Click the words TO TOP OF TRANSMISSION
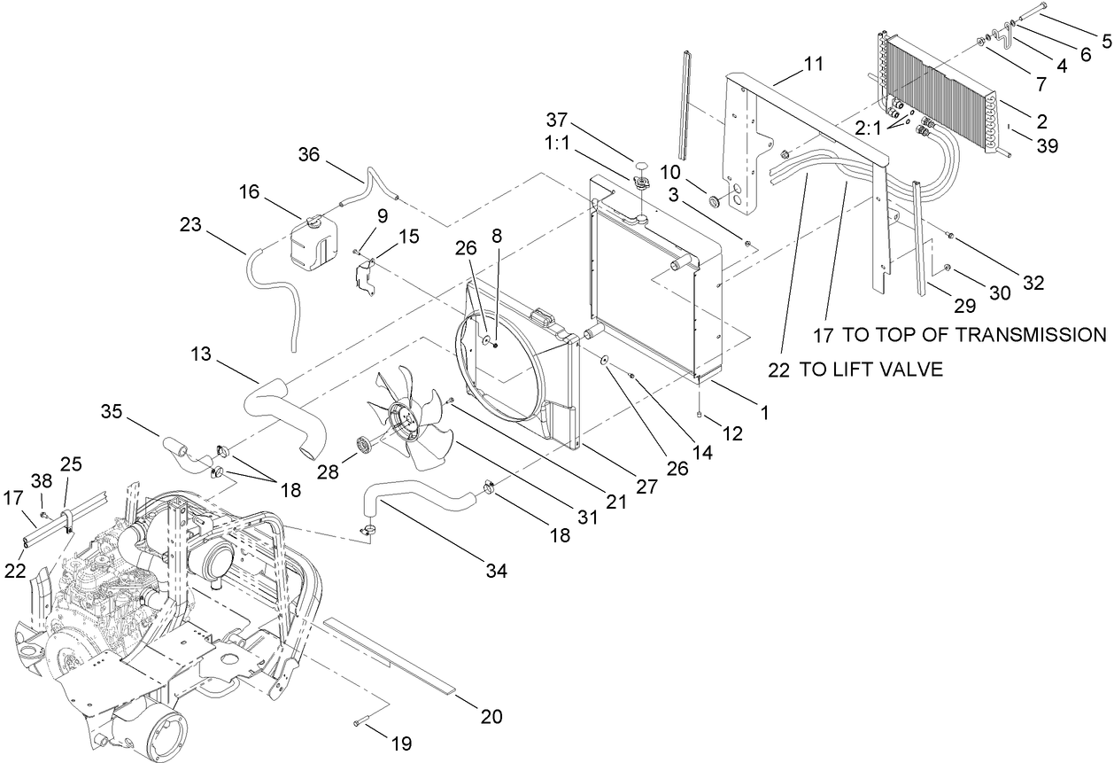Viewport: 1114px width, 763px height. coord(973,334)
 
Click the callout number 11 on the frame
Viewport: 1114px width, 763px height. coord(814,64)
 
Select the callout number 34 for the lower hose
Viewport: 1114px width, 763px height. coord(496,572)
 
